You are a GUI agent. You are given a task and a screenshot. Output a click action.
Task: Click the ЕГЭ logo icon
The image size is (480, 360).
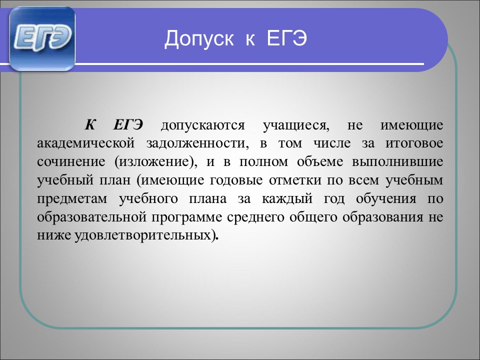coord(42,38)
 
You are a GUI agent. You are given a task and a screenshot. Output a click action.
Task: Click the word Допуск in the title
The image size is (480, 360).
coord(199,39)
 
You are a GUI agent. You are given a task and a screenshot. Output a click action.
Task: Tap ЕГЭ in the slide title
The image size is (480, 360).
coord(286,38)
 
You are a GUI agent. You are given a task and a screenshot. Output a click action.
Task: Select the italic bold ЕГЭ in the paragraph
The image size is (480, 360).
coord(128,125)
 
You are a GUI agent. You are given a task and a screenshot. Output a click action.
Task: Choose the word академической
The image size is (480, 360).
coord(85,143)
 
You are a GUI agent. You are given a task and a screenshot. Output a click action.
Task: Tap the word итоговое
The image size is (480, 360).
coord(414,143)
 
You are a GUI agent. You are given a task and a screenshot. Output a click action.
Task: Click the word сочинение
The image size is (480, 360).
coord(71,162)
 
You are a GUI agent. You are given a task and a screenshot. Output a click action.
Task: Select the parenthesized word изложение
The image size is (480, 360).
coord(155,162)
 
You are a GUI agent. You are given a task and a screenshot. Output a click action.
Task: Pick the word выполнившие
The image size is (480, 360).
coord(397,162)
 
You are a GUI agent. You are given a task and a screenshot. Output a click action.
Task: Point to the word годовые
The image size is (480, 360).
coord(236,180)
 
